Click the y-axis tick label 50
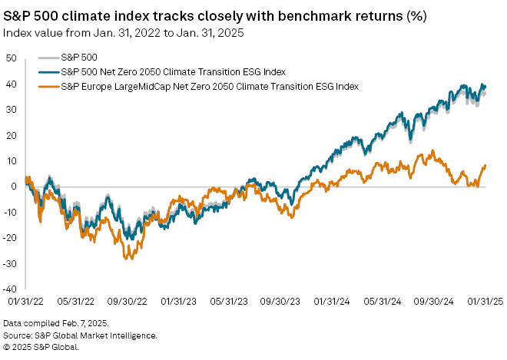pyautogui.click(x=12, y=58)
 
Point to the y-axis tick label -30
pyautogui.click(x=10, y=264)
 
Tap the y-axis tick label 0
pyautogui.click(x=14, y=187)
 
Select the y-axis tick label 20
pyautogui.click(x=12, y=135)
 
